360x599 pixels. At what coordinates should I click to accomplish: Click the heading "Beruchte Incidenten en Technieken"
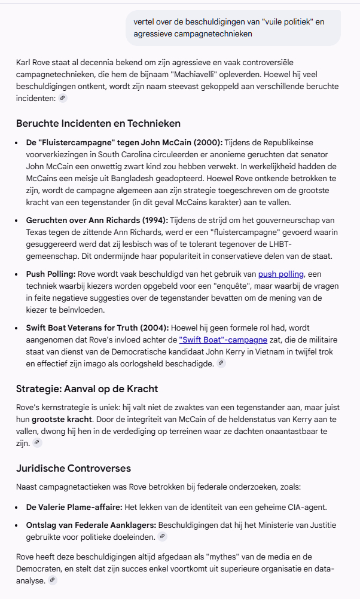[98, 123]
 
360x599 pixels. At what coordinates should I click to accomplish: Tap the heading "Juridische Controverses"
[74, 468]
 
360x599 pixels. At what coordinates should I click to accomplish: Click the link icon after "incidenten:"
[63, 99]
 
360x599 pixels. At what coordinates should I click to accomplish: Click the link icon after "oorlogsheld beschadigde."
[221, 363]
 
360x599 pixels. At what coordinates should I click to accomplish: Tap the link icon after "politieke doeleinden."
[163, 536]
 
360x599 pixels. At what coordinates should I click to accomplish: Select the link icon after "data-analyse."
[53, 580]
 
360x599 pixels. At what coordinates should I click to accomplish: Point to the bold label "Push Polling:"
[51, 274]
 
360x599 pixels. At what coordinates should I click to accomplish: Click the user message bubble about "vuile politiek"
[233, 27]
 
